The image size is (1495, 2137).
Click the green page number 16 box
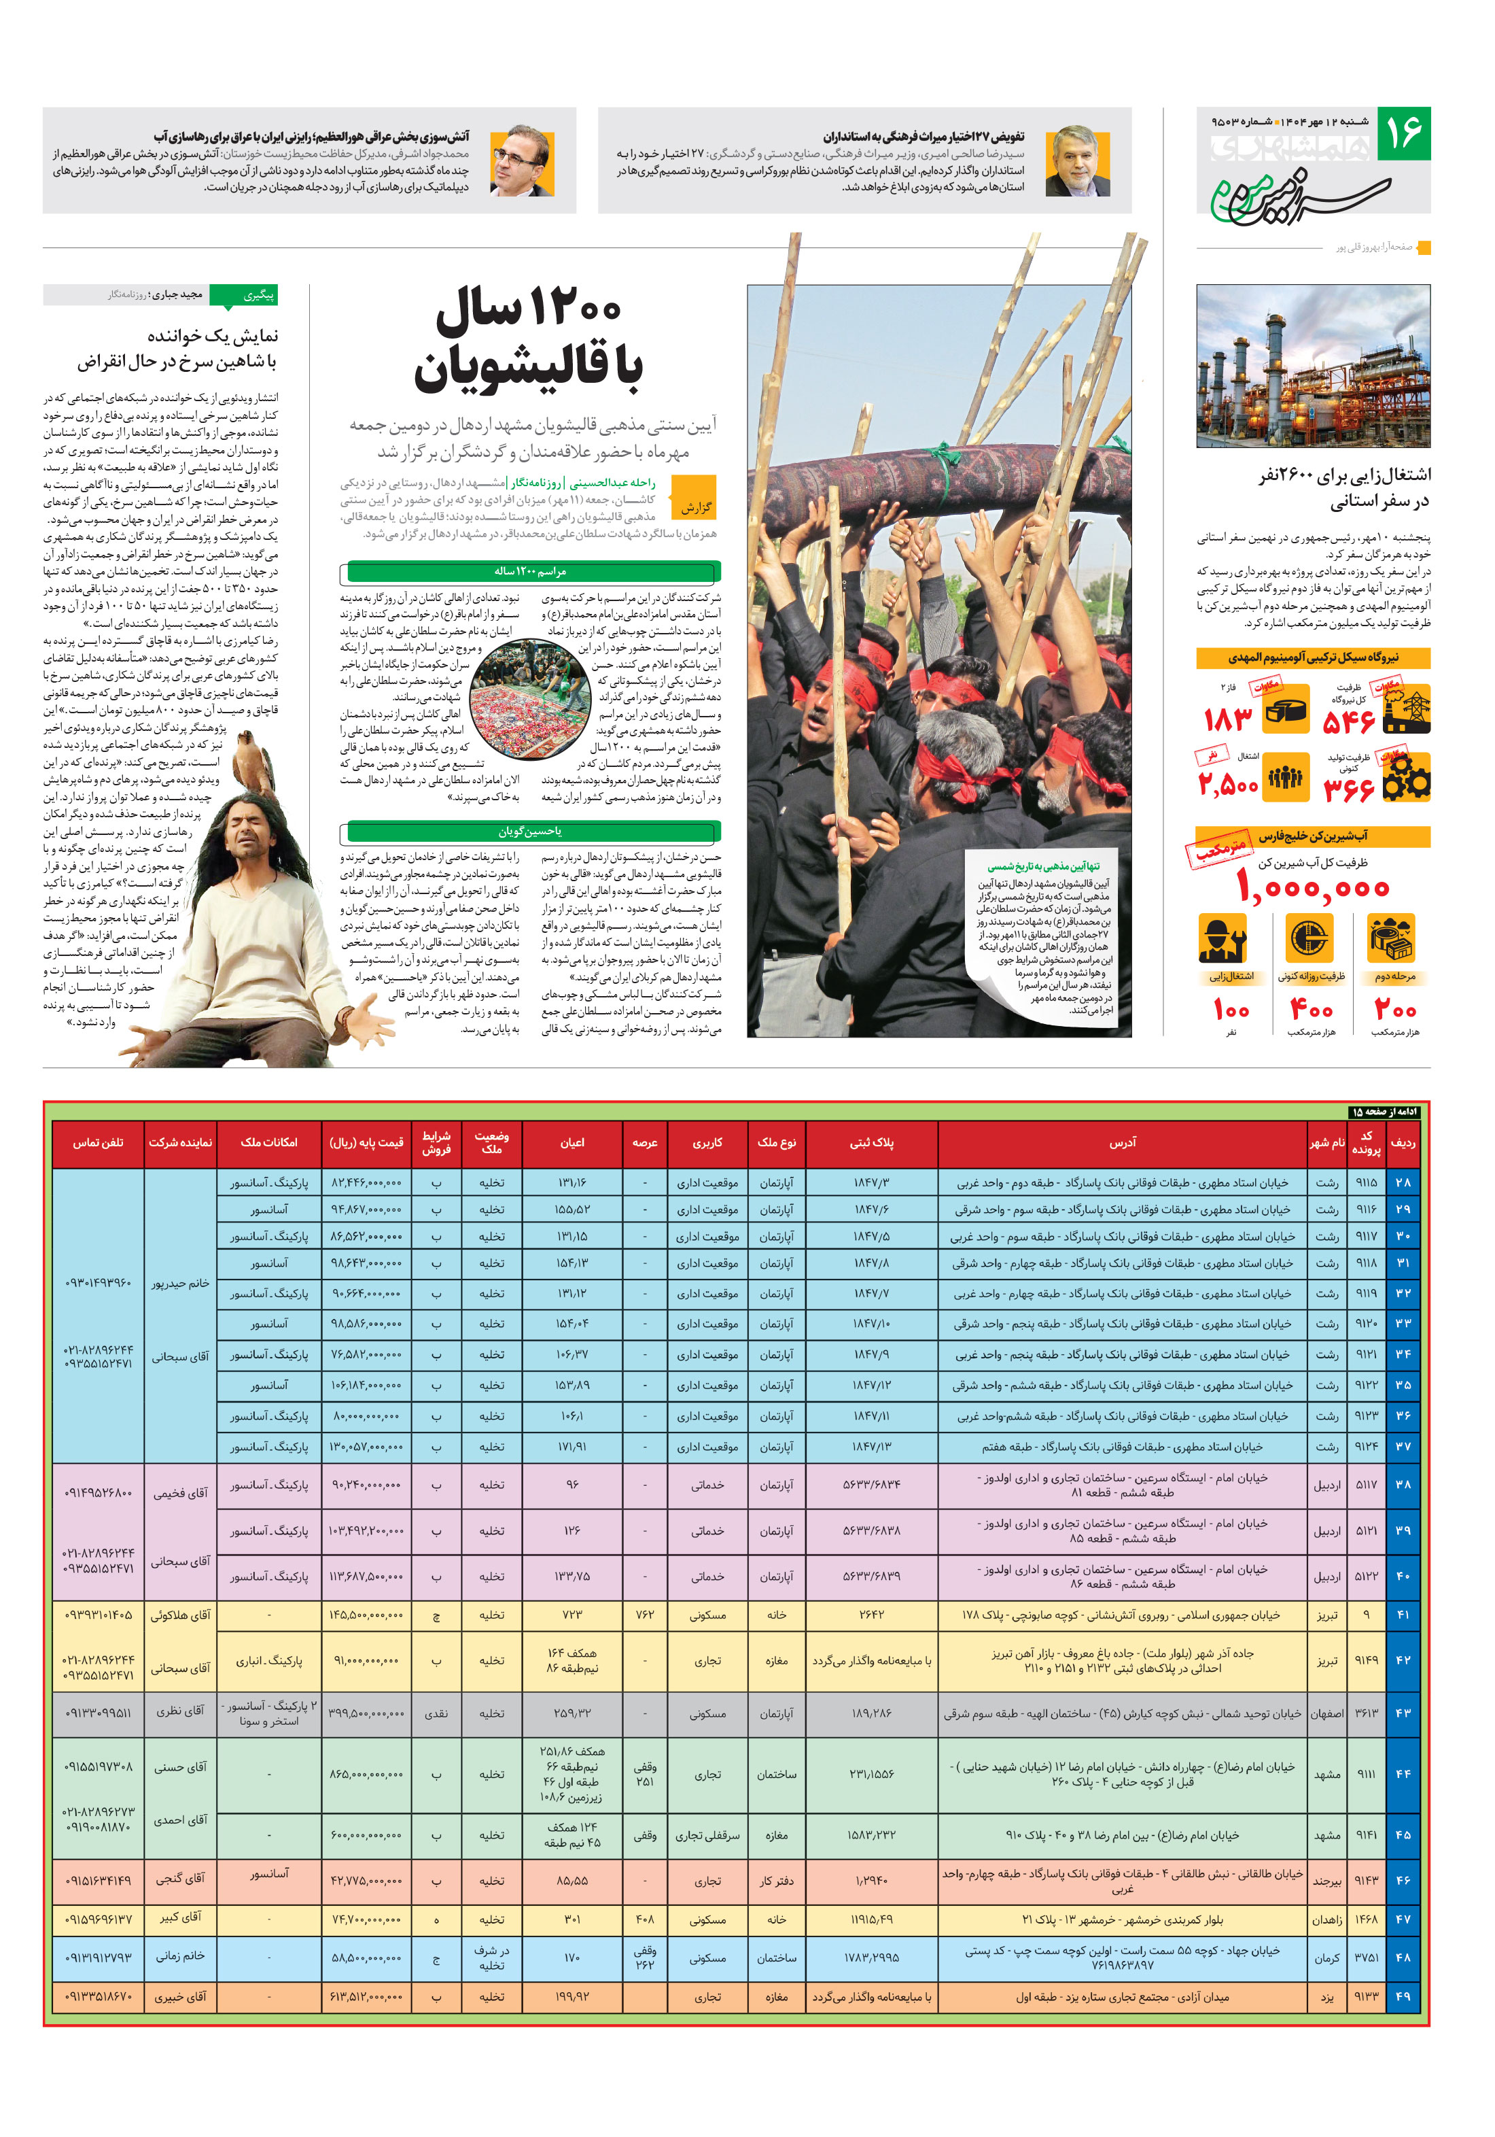click(1403, 133)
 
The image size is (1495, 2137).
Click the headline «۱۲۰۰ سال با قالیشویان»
click(527, 340)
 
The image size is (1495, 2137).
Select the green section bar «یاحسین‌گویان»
click(530, 831)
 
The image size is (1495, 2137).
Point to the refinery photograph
click(1313, 366)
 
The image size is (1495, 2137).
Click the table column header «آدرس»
click(1122, 1142)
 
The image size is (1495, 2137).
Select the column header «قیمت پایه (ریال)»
click(366, 1142)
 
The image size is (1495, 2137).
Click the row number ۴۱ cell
click(1402, 1615)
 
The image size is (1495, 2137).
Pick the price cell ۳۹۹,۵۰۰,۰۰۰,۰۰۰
click(366, 1713)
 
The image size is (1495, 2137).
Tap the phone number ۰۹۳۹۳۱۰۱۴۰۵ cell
click(98, 1615)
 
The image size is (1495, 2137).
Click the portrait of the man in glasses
click(521, 161)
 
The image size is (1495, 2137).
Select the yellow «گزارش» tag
click(695, 507)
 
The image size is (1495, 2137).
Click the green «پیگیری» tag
click(244, 295)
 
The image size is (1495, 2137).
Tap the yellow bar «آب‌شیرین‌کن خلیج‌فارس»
click(1313, 836)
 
